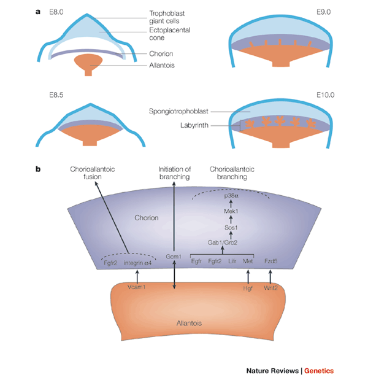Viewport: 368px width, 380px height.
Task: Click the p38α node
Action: click(x=232, y=195)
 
